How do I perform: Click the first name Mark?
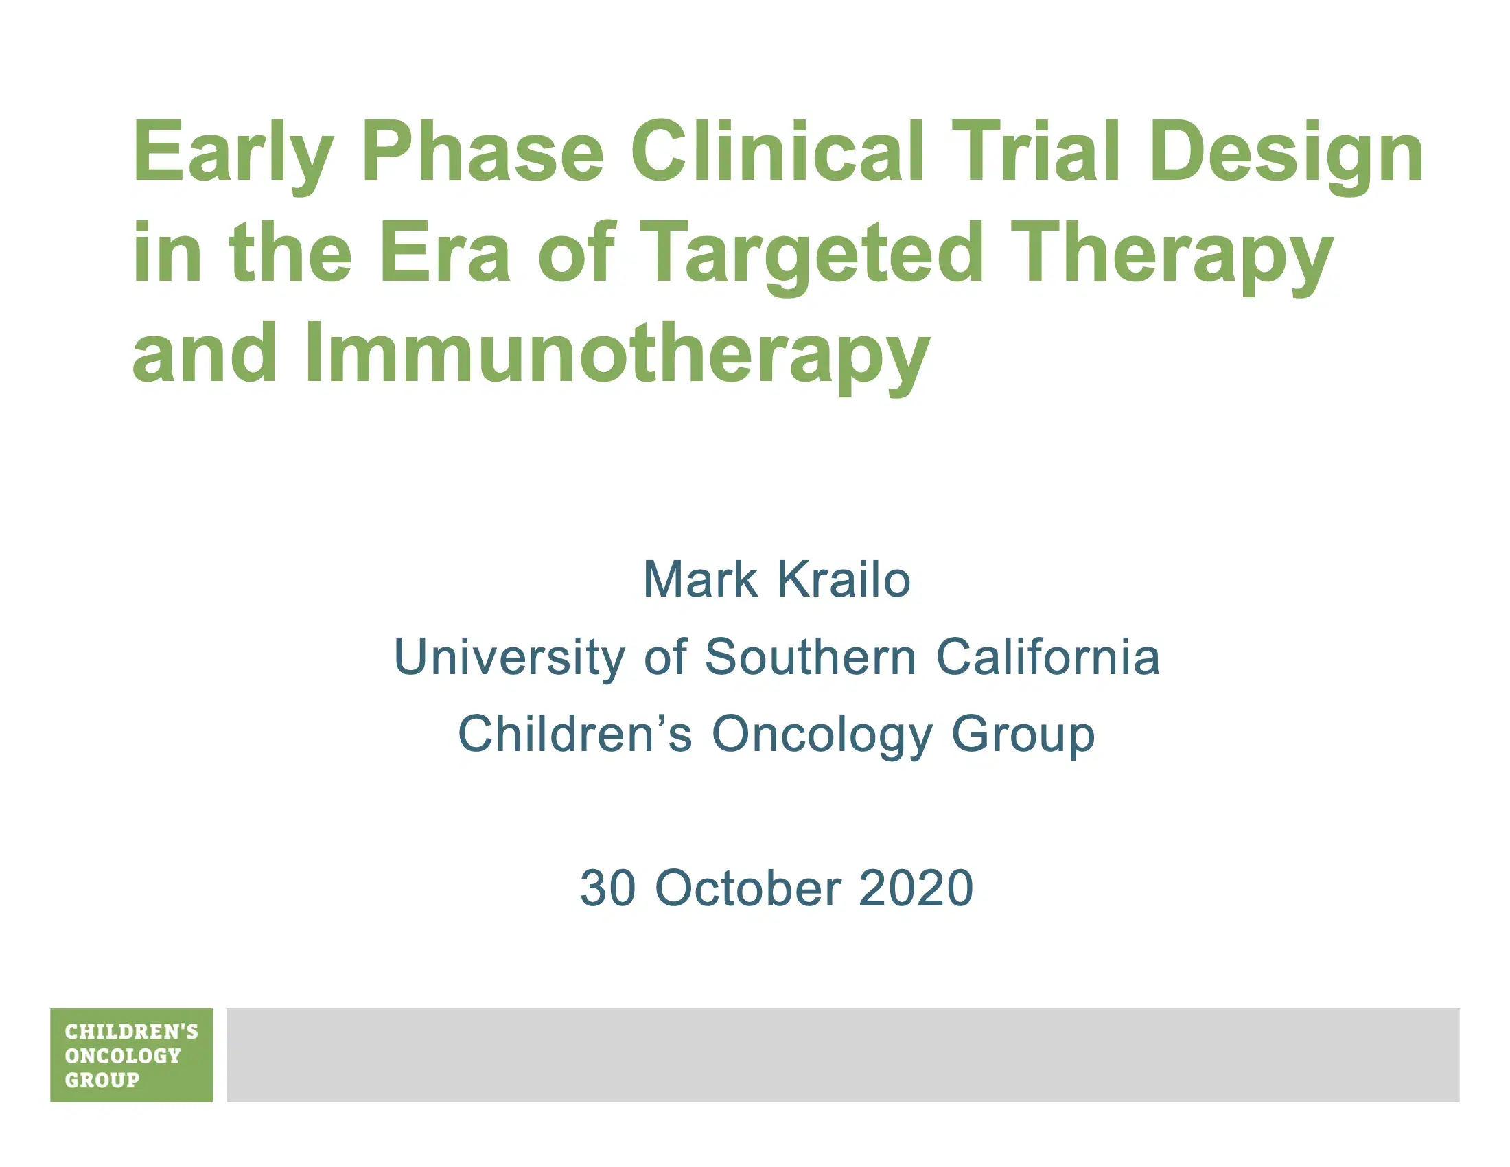coord(699,579)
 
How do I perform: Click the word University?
coord(509,657)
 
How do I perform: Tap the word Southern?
coord(811,657)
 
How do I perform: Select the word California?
coord(1047,657)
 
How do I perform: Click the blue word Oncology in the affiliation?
coord(822,735)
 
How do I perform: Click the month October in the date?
coord(748,888)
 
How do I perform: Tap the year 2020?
coord(916,888)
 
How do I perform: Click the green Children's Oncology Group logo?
coord(131,1055)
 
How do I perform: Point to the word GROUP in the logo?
coord(102,1080)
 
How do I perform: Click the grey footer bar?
coord(843,1055)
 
